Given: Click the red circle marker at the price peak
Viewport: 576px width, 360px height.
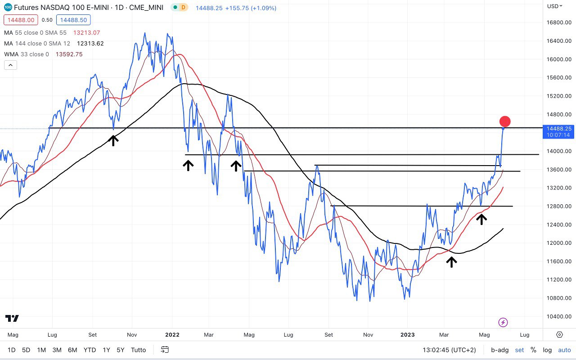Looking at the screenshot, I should click(505, 121).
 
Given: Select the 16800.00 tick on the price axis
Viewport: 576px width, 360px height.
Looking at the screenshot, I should click(559, 22).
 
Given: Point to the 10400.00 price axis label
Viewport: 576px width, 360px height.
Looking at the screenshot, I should click(559, 316).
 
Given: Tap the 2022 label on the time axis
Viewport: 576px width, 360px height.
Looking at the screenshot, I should click(172, 335).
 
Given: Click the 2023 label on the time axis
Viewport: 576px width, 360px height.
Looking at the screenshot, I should click(407, 335).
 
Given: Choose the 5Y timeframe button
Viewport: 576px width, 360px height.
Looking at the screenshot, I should click(120, 350).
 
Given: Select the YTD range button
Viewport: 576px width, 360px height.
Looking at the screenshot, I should click(90, 350).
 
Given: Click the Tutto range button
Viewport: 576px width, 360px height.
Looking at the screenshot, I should click(138, 350).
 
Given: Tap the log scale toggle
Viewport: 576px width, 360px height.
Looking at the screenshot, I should click(547, 350).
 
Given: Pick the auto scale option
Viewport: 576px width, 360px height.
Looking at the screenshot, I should click(564, 350).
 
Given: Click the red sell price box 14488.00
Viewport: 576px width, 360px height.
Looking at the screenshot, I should click(21, 20).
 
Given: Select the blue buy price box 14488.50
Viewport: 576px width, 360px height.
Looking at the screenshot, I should click(73, 20).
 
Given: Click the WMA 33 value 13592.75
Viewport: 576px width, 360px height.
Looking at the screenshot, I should click(69, 54).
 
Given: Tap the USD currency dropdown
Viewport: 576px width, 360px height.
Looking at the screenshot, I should click(555, 6).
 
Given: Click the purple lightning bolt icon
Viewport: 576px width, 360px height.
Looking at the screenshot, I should click(504, 322).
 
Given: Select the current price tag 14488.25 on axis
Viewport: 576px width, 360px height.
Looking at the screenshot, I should click(558, 129).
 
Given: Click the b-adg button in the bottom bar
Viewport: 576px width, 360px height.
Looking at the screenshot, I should click(499, 350).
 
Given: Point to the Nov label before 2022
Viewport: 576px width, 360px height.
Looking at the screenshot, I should click(132, 335).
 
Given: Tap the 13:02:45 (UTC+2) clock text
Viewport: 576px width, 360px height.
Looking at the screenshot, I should click(448, 350).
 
